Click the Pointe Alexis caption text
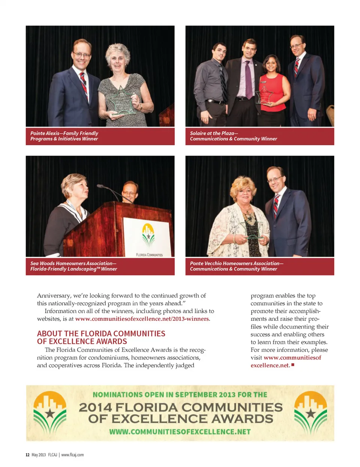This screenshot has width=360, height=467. click(64, 136)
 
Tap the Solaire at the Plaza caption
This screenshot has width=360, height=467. click(233, 136)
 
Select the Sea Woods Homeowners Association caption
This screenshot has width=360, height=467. click(73, 266)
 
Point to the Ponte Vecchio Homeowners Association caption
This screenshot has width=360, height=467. click(236, 266)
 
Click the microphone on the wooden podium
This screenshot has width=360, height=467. click(112, 192)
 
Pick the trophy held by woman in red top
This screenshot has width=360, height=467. click(265, 96)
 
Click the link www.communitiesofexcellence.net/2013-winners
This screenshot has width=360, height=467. click(142, 319)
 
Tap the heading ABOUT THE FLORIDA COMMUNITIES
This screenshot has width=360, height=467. click(101, 333)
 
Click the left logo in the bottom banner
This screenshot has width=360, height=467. click(50, 412)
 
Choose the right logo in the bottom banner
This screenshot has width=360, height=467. click(310, 412)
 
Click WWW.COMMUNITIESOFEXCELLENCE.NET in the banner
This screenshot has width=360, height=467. click(180, 432)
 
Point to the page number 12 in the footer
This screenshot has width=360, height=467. click(27, 455)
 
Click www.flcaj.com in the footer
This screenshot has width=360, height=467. click(72, 455)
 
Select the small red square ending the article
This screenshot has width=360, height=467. click(293, 365)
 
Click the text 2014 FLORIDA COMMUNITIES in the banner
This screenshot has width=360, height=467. click(180, 407)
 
